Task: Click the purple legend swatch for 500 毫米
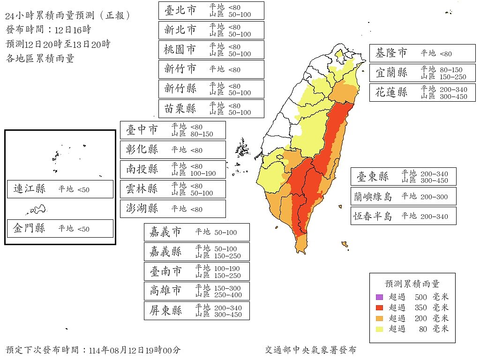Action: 379,297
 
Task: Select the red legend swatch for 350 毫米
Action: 379,308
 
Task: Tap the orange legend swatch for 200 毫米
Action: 379,319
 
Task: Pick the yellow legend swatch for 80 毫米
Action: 379,329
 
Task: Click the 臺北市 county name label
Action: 180,10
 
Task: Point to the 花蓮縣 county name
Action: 391,92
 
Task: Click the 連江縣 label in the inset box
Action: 30,189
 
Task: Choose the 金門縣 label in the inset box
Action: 30,229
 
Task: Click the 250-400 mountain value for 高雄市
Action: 225,295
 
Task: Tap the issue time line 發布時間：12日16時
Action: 48,30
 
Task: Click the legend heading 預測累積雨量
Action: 412,284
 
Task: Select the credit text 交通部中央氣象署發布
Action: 310,350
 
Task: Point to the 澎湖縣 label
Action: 142,209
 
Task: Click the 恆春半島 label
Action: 373,217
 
